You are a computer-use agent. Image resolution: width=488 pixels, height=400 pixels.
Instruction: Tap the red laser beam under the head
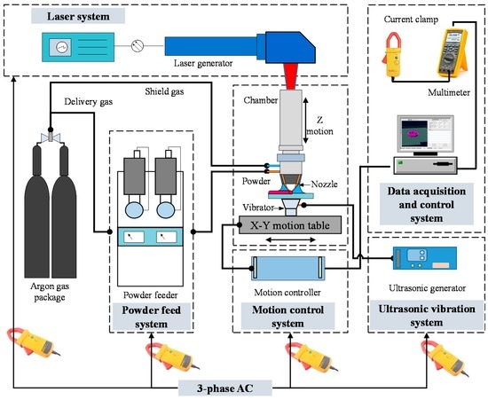[x=293, y=76]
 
